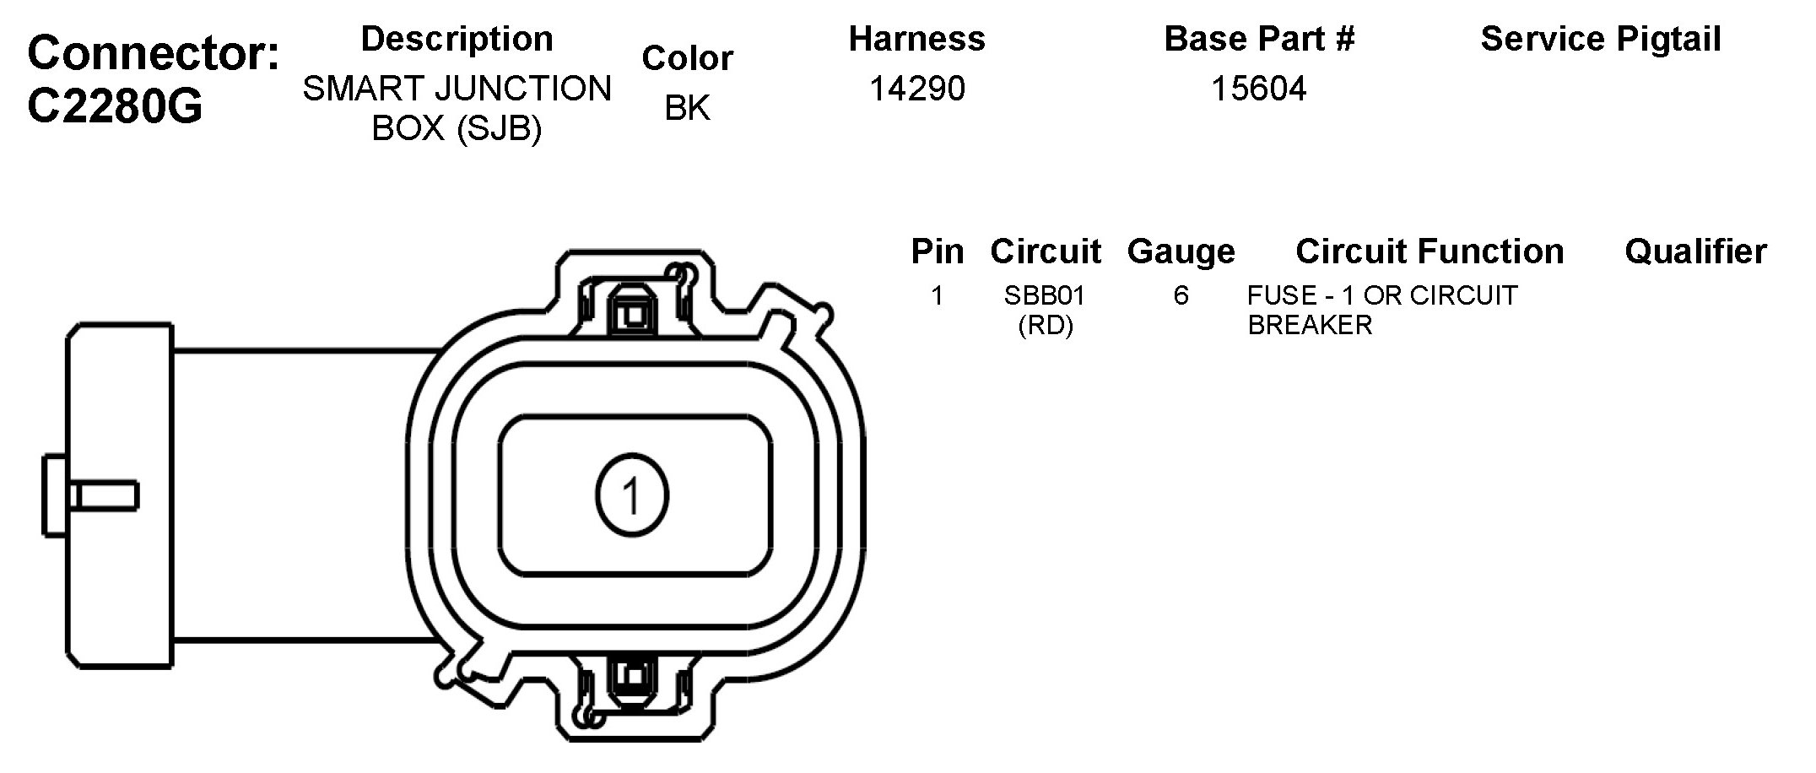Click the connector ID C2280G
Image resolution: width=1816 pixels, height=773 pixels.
[x=116, y=106]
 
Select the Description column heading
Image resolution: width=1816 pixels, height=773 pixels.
[x=457, y=39]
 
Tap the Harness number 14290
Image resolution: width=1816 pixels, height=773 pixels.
[x=916, y=89]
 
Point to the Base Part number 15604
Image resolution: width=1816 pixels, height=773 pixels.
[x=1258, y=89]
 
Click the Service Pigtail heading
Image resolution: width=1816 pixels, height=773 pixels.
[x=1600, y=39]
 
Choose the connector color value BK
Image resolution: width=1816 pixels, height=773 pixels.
[x=687, y=108]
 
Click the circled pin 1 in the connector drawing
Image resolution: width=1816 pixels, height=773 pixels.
[x=632, y=495]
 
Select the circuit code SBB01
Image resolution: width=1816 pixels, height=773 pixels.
[x=1045, y=295]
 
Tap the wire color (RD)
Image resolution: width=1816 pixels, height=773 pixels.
[x=1045, y=325]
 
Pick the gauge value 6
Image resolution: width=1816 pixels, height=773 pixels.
[x=1181, y=295]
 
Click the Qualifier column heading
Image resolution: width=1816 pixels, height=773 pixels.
[x=1695, y=251]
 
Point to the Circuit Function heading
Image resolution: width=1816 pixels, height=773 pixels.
[x=1429, y=251]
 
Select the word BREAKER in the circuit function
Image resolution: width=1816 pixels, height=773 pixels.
[x=1310, y=325]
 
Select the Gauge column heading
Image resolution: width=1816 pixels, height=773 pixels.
[x=1181, y=251]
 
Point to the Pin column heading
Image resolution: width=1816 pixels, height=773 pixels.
[x=937, y=251]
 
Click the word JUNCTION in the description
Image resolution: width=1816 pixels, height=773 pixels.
[x=531, y=89]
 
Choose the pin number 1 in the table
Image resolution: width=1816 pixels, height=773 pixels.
[x=937, y=295]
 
